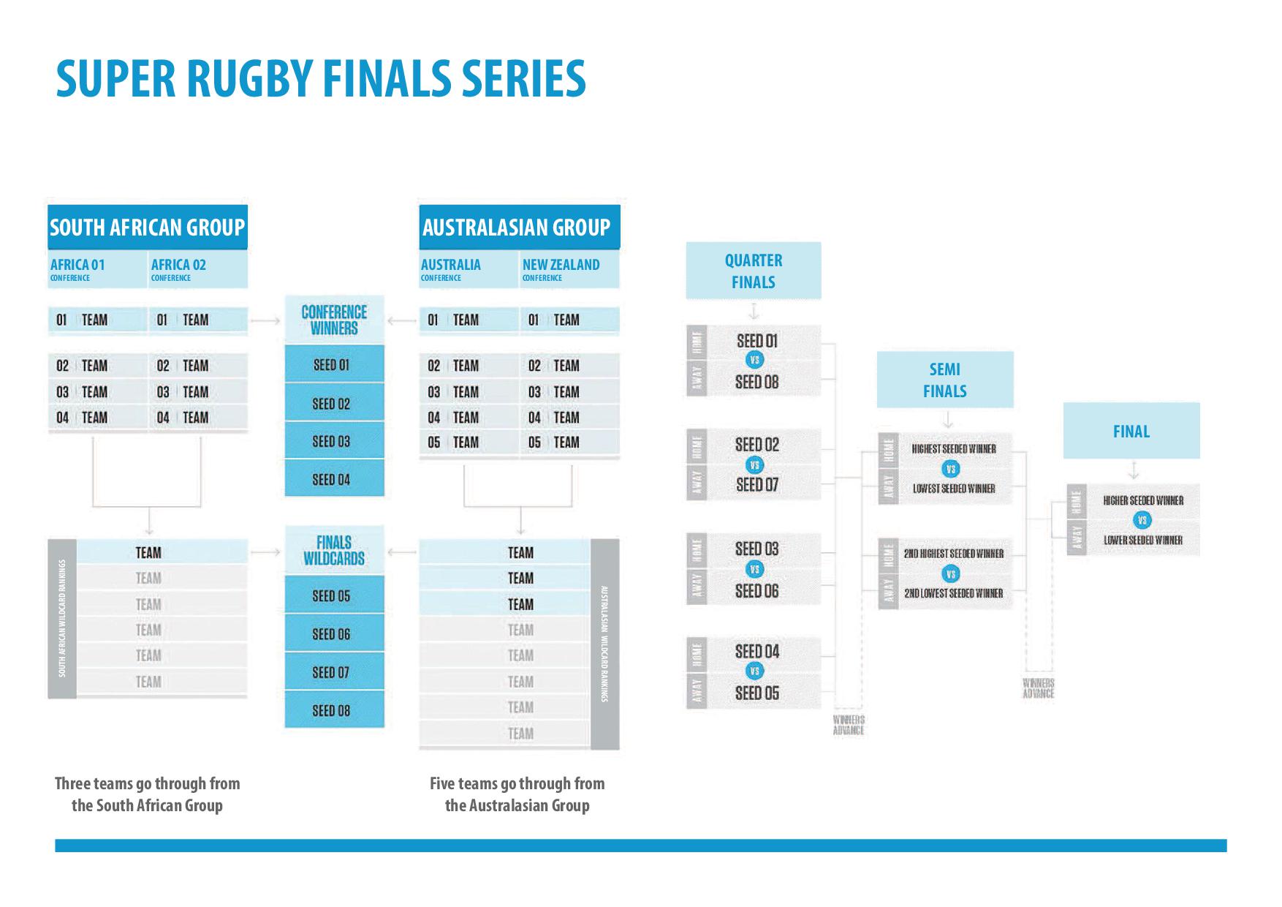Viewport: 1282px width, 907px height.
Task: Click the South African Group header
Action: pyautogui.click(x=147, y=227)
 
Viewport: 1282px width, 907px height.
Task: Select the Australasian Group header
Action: pyautogui.click(x=516, y=227)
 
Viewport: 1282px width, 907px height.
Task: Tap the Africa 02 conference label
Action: pyautogui.click(x=179, y=268)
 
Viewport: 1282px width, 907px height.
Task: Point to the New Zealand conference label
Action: pyautogui.click(x=561, y=268)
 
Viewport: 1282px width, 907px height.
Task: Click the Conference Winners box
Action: pyautogui.click(x=334, y=320)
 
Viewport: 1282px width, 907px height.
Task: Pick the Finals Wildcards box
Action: pyautogui.click(x=334, y=551)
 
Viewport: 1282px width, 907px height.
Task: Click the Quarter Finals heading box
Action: pyautogui.click(x=754, y=271)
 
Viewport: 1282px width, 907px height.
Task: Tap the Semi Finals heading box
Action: pyautogui.click(x=945, y=380)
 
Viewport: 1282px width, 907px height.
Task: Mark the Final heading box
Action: pyautogui.click(x=1131, y=432)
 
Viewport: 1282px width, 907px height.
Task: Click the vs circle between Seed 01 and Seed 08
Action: pyautogui.click(x=756, y=360)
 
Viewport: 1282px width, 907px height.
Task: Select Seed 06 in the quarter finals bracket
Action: pyautogui.click(x=757, y=590)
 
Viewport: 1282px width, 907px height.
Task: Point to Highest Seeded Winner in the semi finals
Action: pyautogui.click(x=954, y=449)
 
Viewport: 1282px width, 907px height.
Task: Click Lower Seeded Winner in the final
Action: pyautogui.click(x=1143, y=541)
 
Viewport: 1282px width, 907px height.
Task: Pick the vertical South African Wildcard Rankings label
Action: pyautogui.click(x=62, y=618)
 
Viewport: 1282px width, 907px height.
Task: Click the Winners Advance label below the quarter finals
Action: pyautogui.click(x=849, y=725)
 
